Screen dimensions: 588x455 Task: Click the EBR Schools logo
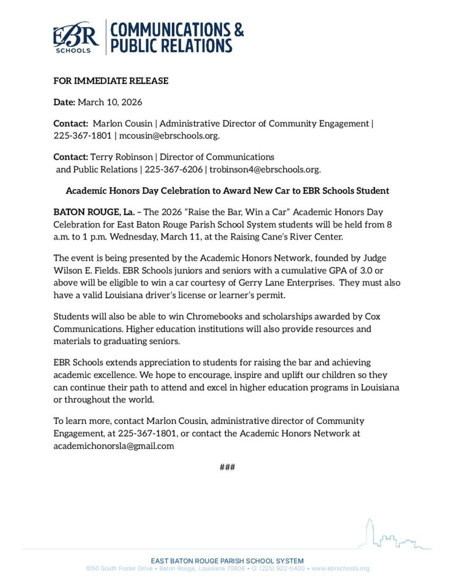tap(76, 38)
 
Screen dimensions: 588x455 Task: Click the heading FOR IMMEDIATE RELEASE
tap(111, 81)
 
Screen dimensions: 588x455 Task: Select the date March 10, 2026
tap(110, 102)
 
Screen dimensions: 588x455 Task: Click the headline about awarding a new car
tap(227, 190)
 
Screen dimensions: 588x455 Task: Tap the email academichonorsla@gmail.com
tap(114, 445)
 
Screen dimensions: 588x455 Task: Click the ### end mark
tap(227, 467)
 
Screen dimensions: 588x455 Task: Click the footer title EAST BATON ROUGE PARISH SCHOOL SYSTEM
tap(227, 560)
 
